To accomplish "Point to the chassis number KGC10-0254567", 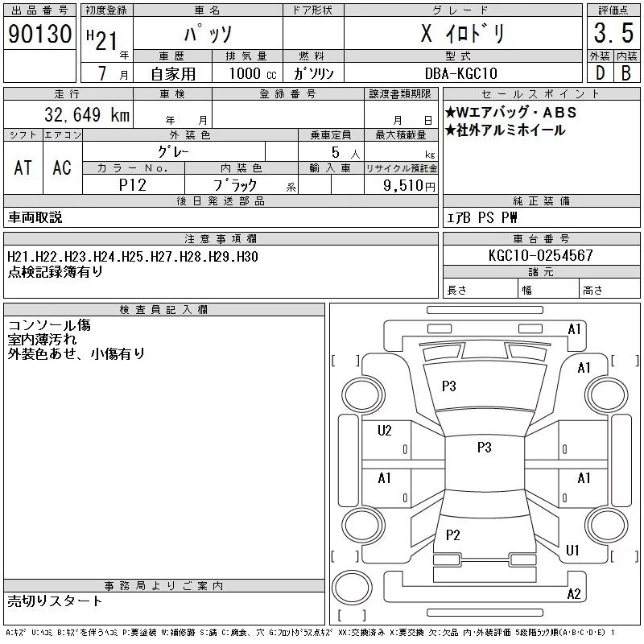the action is tap(541, 256).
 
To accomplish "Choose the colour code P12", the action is tap(133, 184).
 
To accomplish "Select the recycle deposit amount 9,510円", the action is tap(411, 185).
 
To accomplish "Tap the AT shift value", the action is tap(23, 167).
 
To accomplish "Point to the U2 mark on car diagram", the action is tap(385, 431).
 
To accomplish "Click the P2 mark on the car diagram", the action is tap(452, 535).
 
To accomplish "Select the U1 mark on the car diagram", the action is tap(573, 551).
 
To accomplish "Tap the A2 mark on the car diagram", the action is tap(574, 594).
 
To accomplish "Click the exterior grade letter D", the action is tap(599, 73).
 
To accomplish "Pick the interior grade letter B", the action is tap(625, 73).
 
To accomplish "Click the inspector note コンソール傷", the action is tap(49, 326).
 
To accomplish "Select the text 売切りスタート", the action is tap(56, 601).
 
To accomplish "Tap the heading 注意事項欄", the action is tap(220, 239).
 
